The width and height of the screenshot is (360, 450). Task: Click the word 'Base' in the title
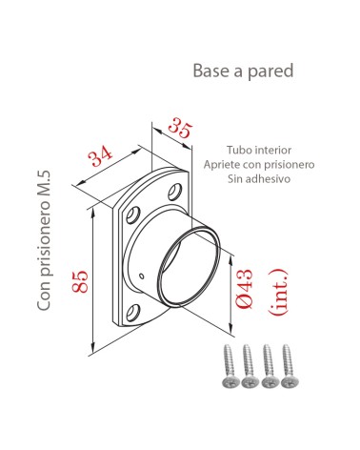[x=210, y=72]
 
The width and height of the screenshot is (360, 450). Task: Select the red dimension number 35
[x=178, y=128]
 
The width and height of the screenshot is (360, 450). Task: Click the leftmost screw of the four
[x=229, y=367]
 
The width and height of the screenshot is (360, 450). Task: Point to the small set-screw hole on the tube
[x=142, y=276]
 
